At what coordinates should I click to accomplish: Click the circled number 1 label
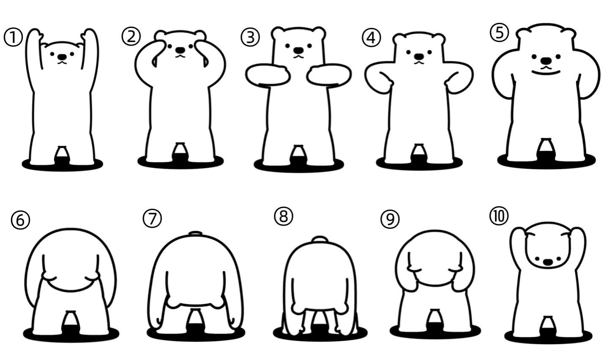(13, 38)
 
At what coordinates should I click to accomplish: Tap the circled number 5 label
(500, 33)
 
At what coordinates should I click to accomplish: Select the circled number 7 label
(152, 218)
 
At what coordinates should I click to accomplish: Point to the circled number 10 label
(499, 216)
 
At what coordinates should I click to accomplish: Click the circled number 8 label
(284, 216)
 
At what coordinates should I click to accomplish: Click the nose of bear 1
(62, 57)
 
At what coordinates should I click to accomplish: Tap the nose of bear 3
(298, 50)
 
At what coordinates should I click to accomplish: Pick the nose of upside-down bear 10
(547, 262)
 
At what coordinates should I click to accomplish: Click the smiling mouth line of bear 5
(546, 72)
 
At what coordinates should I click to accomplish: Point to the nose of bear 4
(419, 57)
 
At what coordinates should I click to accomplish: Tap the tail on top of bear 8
(320, 239)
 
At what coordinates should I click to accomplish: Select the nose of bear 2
(180, 50)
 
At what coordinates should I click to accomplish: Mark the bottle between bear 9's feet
(434, 321)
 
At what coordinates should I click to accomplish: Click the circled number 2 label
(131, 36)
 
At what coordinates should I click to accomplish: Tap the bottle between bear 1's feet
(62, 155)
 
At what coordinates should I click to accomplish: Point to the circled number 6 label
(20, 220)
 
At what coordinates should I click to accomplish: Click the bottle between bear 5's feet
(546, 150)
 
